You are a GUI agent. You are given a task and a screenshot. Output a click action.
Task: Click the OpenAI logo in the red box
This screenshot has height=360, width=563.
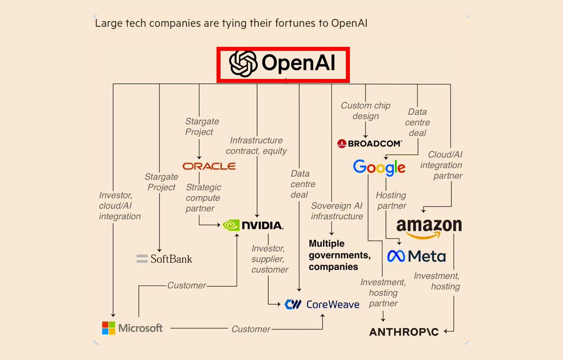[283, 64]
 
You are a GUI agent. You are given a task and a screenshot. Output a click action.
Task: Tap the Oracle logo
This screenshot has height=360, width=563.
[209, 166]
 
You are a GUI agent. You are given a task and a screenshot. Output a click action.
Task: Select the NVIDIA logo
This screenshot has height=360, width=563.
[253, 225]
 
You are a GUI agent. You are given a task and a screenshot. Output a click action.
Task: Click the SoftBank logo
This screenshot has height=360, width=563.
[164, 259]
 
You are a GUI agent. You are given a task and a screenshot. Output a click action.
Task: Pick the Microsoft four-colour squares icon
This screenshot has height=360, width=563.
[109, 328]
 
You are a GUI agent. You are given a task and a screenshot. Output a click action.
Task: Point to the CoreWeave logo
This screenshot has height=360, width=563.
[322, 304]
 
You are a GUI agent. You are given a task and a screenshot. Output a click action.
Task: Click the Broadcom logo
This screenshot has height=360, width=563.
[370, 144]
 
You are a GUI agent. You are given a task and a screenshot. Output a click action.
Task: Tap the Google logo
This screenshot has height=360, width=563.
[379, 167]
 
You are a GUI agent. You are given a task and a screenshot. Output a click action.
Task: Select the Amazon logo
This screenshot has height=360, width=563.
[429, 227]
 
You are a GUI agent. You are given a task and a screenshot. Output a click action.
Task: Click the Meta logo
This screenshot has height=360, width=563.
[416, 256]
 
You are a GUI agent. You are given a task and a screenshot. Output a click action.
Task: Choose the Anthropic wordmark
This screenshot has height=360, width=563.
[404, 332]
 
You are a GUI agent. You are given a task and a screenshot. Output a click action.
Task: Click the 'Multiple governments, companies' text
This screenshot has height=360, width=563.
[339, 255]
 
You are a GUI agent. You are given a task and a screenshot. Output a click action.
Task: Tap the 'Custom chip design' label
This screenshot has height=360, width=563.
[365, 111]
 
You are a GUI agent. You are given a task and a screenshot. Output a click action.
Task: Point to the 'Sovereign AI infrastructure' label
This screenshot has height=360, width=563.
[337, 211]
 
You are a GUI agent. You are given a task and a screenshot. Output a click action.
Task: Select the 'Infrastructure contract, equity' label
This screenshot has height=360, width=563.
[256, 146]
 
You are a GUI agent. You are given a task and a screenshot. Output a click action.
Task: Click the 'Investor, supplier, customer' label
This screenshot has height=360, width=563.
[269, 259]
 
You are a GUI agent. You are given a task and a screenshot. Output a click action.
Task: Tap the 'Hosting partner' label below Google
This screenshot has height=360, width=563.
[391, 200]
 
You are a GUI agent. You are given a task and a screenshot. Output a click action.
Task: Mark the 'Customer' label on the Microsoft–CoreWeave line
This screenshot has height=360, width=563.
[251, 329]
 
